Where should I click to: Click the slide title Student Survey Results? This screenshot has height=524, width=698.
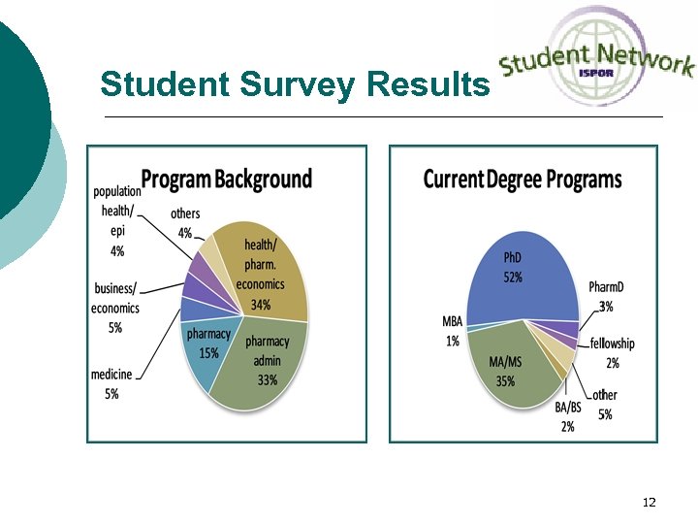pos(294,85)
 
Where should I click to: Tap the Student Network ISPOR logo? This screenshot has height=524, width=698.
pos(596,56)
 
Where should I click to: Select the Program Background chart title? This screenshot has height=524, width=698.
pos(227,180)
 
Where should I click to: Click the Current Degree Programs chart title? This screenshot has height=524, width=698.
pos(523,180)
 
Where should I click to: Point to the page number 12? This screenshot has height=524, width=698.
pos(649,503)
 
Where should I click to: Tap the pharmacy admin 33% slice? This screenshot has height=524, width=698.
pos(268,360)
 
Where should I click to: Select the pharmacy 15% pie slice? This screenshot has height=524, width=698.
pos(208,344)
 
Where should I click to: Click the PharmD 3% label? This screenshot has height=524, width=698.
pos(606,296)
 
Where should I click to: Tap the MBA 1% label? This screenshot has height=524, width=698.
pos(452,331)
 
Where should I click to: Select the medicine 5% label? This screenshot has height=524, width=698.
pos(111,383)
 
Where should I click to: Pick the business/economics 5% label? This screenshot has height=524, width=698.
pos(115,308)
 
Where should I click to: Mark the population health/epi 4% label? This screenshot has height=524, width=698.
pos(117,220)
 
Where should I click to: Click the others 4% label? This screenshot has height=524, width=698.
pos(184,222)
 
